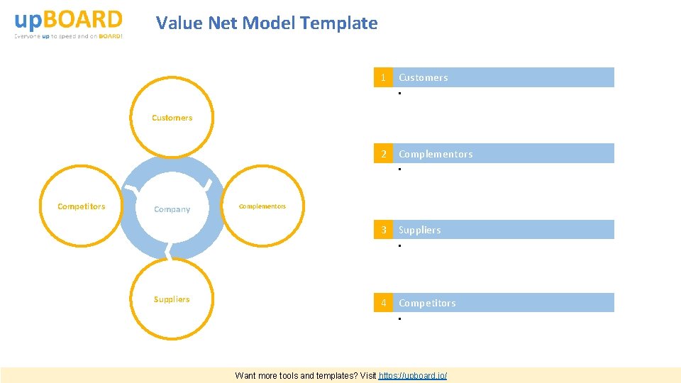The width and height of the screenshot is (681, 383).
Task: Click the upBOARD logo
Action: coord(68,19)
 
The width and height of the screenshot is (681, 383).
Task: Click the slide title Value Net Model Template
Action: coord(267,23)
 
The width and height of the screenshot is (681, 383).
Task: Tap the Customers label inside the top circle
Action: coord(172,118)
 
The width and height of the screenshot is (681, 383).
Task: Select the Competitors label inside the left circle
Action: coord(81,206)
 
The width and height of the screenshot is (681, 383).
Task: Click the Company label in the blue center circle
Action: coord(172,209)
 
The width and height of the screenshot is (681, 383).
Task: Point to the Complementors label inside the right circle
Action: coord(262,206)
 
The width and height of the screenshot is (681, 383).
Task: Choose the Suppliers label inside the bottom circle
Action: coord(172,299)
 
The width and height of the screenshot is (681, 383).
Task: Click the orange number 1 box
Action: coord(383,77)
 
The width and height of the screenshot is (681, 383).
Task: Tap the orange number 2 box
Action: coord(383,154)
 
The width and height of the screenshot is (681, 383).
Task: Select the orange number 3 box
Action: coord(383,230)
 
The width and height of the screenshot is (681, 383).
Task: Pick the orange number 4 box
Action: coord(383,303)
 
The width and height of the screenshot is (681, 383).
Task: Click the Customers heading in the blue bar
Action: coord(423,77)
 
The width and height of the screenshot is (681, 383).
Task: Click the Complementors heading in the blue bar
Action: coord(435,154)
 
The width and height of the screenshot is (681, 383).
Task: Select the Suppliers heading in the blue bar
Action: coord(419,230)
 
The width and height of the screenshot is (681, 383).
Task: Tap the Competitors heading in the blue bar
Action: coord(427,303)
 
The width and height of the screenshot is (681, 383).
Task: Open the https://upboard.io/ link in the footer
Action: coord(413,375)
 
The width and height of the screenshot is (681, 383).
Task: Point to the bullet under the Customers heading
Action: coord(400,94)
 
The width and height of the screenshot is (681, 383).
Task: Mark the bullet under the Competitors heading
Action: coord(400,320)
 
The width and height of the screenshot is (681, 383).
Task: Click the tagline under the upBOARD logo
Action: coord(68,36)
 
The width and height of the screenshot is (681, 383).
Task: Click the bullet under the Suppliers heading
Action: coord(400,246)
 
